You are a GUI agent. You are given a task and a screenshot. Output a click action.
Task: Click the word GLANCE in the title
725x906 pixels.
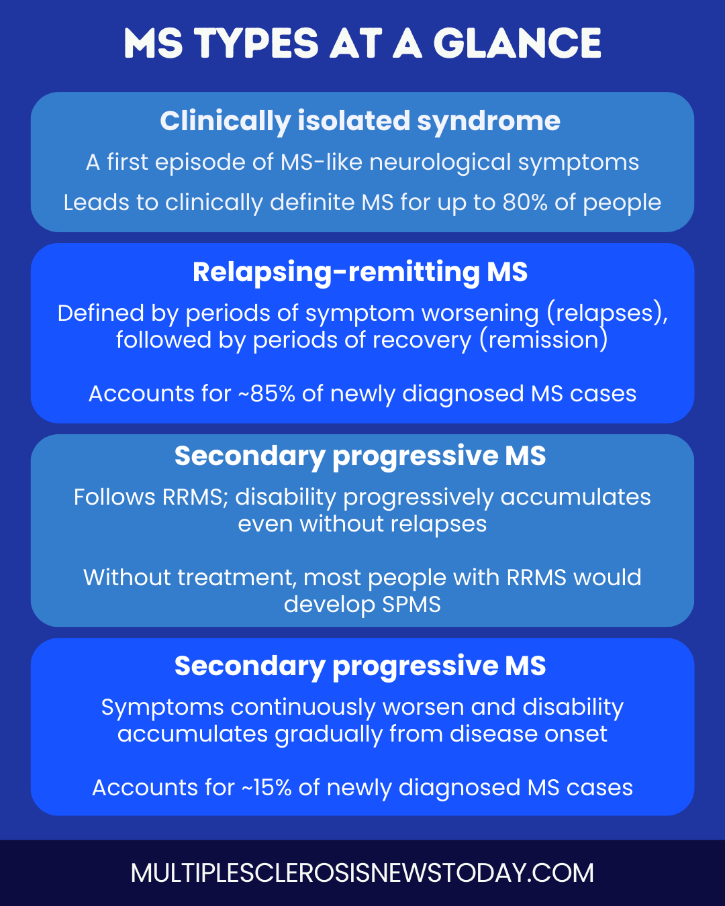point(518,43)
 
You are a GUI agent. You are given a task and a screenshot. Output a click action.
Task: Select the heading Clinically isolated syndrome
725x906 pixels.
point(360,121)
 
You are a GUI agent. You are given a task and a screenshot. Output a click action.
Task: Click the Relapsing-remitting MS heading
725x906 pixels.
point(360,272)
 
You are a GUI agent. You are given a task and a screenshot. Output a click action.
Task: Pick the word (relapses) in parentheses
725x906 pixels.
point(607,313)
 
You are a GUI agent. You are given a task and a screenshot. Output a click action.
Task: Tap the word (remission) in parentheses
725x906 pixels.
point(544,340)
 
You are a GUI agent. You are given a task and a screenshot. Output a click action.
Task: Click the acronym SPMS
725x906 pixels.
point(412,604)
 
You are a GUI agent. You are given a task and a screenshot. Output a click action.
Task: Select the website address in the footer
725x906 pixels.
point(362,873)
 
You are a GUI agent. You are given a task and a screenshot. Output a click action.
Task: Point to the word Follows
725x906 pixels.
point(115,497)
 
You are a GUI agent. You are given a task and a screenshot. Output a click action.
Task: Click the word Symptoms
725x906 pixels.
point(162,708)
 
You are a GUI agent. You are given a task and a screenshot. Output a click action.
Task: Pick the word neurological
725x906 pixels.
point(440,162)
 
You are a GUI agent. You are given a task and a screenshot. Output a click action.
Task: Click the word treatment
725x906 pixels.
point(237,577)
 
